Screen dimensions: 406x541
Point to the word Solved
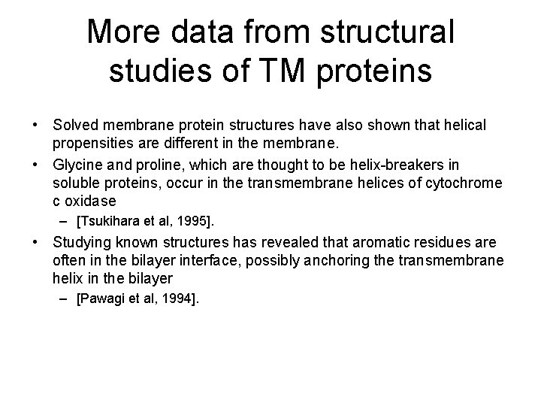point(74,123)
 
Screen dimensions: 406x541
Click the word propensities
point(94,141)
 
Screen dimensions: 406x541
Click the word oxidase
point(91,201)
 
